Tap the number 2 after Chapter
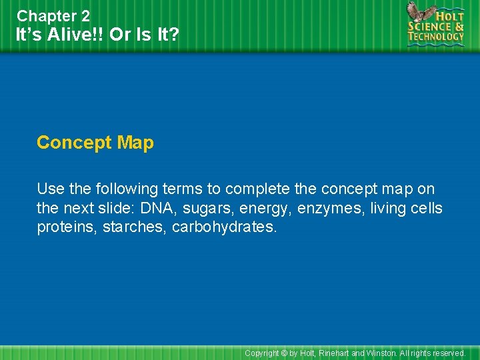click(x=84, y=15)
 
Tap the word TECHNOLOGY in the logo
click(x=436, y=37)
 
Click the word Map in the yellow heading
click(x=135, y=143)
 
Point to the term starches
click(x=133, y=227)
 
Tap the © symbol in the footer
click(x=284, y=353)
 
